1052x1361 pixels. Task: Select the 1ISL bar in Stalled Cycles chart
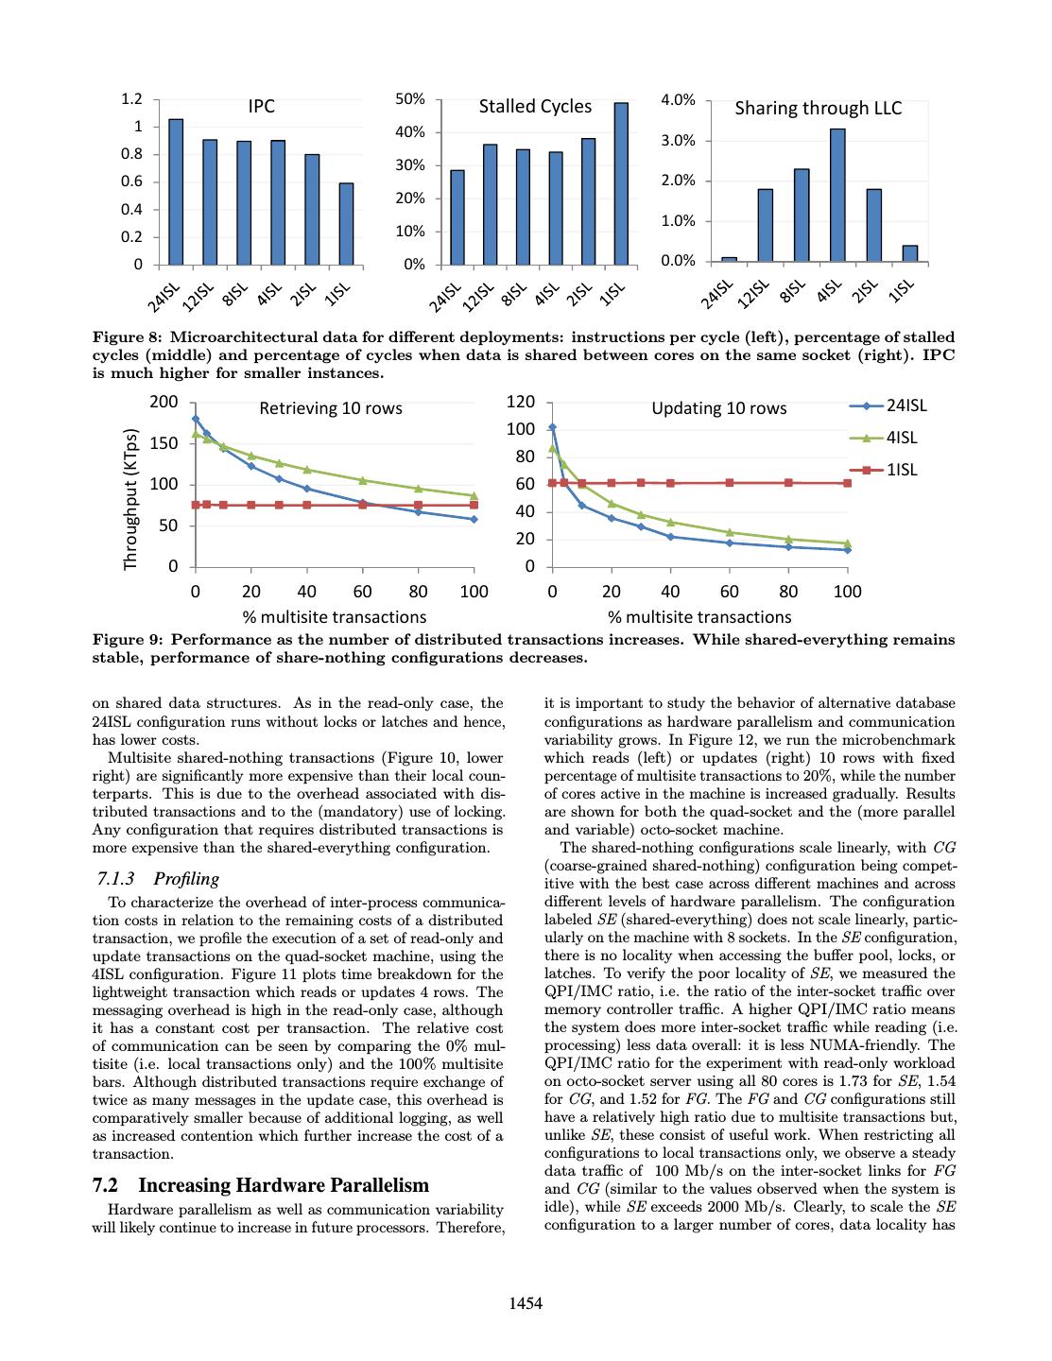coord(621,183)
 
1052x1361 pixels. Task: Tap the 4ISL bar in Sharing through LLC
coord(837,195)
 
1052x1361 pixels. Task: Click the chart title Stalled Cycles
coord(535,107)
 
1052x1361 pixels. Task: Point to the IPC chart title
coord(262,107)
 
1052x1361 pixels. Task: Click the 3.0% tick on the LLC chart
coord(677,141)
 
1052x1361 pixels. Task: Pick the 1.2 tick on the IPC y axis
coord(132,99)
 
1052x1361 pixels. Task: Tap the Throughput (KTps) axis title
coord(131,500)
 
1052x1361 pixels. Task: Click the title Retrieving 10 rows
coord(331,408)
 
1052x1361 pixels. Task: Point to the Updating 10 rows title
coord(718,408)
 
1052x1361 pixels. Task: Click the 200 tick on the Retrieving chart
coord(164,403)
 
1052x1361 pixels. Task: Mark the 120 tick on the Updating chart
coord(521,403)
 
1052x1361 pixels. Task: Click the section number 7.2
coord(105,1185)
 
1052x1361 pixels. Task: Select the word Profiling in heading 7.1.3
coord(186,879)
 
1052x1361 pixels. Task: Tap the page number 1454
coord(526,1304)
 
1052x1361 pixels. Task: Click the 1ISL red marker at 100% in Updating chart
coord(847,483)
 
